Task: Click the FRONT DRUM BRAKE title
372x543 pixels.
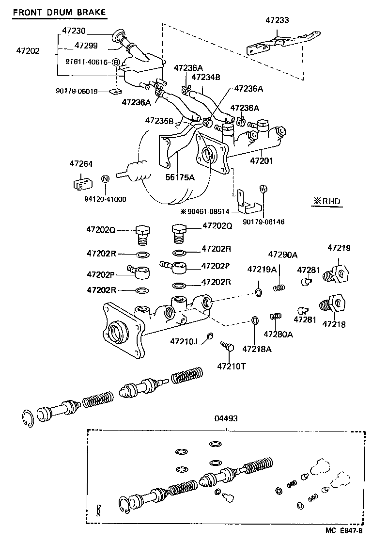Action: point(59,12)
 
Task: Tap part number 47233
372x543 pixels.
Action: point(277,20)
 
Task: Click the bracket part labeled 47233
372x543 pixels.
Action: point(283,43)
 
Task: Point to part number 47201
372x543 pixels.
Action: point(261,160)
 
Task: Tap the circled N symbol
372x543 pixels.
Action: point(105,179)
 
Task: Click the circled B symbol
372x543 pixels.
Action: point(116,62)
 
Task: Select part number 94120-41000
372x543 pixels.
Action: point(105,199)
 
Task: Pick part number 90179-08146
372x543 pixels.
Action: point(263,222)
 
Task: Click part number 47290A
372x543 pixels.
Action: point(283,255)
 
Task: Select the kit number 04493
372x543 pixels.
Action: point(226,418)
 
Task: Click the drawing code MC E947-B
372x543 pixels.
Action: point(343,530)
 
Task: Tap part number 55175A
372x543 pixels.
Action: point(180,177)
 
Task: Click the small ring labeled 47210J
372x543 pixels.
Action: point(210,335)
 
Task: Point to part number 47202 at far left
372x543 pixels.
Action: point(28,51)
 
